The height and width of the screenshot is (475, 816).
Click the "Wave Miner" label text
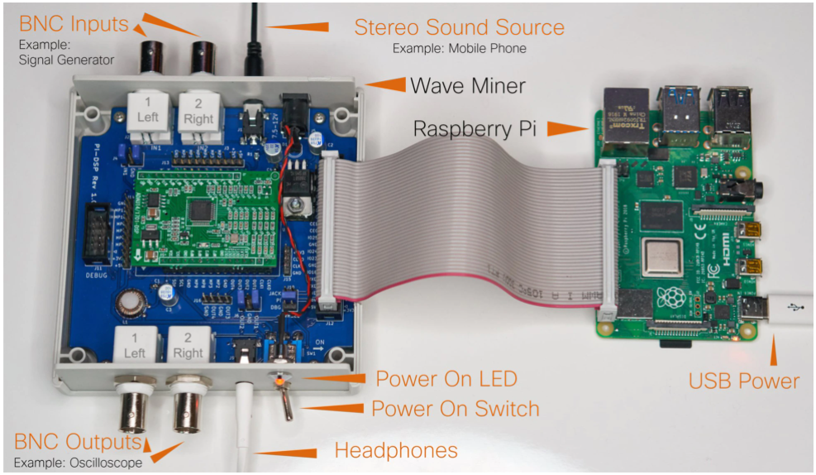(x=468, y=85)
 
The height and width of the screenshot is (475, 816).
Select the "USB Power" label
(x=744, y=381)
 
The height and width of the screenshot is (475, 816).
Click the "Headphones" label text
(x=395, y=451)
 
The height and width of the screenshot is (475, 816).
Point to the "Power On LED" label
(x=446, y=380)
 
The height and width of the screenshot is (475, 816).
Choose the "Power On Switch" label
(x=455, y=409)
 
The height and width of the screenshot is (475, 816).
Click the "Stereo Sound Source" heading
(x=459, y=26)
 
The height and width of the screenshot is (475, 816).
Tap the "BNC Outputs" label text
(x=78, y=441)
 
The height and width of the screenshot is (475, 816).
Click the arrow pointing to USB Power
(x=775, y=348)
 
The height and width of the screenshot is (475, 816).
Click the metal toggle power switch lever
(x=286, y=405)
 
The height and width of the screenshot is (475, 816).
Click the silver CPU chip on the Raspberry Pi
(x=661, y=256)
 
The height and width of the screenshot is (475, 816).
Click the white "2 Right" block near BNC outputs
(x=188, y=344)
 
